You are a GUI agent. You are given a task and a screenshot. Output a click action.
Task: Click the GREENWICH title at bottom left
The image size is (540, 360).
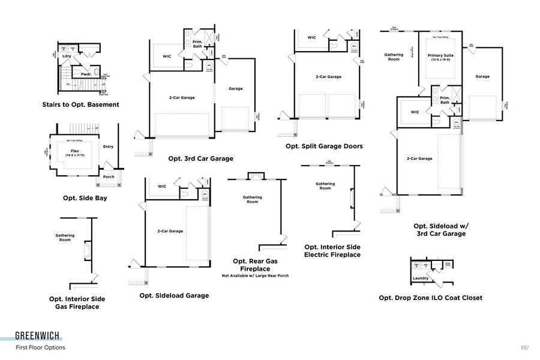tap(37, 336)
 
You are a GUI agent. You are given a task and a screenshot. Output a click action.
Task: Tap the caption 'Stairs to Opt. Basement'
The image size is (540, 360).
tap(80, 104)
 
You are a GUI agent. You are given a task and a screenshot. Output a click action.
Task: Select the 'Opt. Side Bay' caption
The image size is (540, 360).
tap(85, 197)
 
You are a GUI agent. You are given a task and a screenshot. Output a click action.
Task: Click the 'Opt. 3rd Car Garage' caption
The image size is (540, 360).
tap(200, 158)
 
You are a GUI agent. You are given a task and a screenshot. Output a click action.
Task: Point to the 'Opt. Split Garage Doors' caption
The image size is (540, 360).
tap(323, 146)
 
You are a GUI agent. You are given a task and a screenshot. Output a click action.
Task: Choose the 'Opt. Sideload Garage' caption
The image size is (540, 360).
tap(174, 295)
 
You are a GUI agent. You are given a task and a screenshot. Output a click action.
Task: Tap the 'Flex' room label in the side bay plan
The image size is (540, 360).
tap(75, 151)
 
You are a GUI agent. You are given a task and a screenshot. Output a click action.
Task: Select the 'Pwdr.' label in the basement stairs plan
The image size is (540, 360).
tap(86, 75)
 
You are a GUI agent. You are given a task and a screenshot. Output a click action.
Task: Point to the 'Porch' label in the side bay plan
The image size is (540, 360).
tap(109, 176)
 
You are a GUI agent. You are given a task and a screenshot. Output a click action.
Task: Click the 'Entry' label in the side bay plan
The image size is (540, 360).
tap(108, 146)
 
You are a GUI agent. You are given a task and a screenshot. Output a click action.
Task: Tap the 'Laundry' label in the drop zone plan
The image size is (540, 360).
tap(421, 278)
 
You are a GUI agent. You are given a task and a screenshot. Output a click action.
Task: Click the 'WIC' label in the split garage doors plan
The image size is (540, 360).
tap(311, 37)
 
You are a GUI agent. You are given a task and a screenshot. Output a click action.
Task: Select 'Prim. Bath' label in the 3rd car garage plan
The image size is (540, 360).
tap(197, 44)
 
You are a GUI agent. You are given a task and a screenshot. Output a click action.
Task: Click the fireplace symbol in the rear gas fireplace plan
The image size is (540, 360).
tap(256, 176)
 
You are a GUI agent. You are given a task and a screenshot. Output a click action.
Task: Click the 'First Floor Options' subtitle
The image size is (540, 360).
tap(40, 347)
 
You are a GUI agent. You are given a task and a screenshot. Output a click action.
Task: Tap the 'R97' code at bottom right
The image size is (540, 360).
tap(524, 347)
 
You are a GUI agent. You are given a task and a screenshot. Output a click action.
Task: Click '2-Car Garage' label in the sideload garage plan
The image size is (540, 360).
tap(170, 231)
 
